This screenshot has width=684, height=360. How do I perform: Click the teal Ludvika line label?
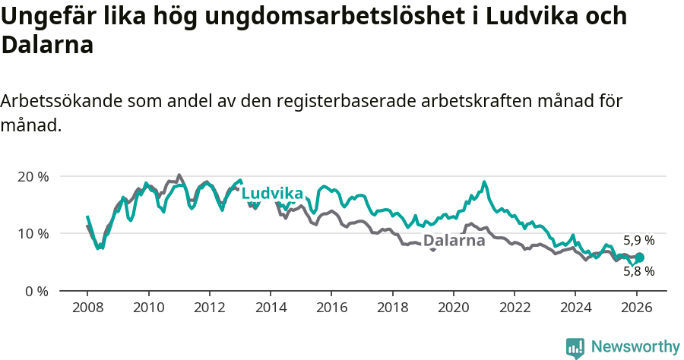coord(272,194)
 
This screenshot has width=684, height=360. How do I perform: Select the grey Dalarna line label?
coord(454,241)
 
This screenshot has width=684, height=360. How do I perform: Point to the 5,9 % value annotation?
coord(638,241)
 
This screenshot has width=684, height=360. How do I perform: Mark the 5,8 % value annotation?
coord(638,271)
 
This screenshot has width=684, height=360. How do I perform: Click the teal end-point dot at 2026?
coord(639,257)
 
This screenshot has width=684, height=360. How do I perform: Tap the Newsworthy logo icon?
coord(575,347)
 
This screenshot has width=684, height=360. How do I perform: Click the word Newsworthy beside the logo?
coord(635,347)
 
